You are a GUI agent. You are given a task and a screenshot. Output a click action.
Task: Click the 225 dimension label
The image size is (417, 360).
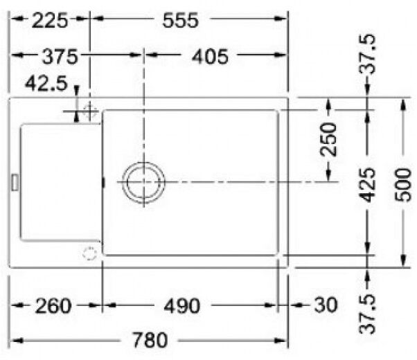coord(50,21)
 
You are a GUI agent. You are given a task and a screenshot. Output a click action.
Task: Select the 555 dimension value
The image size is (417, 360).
coord(181,21)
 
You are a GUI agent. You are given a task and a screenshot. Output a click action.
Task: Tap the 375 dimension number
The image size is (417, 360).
coord(60,56)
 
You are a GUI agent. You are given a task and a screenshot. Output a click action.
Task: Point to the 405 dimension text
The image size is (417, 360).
coord(210,56)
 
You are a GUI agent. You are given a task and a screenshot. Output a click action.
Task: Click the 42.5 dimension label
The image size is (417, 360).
coord(46,83)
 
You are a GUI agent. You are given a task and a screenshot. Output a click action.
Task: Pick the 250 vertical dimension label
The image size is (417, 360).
coord(328,138)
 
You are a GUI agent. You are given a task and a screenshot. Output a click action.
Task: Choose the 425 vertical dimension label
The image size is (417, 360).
coord(367,185)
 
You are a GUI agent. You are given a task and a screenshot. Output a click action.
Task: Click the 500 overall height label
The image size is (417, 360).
coord(403,185)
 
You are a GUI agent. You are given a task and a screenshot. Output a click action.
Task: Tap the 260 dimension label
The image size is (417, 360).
coord(53,306)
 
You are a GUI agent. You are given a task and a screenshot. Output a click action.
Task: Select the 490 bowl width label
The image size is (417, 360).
coord(182,306)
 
